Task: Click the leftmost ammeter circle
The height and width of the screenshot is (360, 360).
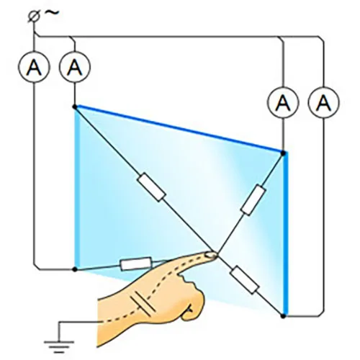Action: [x=34, y=67]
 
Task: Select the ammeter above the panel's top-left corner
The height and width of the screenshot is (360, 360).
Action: [x=75, y=67]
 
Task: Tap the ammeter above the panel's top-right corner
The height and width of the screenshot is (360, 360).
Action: [x=284, y=102]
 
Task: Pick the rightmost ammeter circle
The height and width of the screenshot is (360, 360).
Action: [x=323, y=102]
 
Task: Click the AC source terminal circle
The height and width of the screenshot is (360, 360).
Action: [x=32, y=17]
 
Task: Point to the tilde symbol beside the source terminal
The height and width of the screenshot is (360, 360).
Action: [x=51, y=12]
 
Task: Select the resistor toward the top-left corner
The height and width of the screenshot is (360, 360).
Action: [x=151, y=187]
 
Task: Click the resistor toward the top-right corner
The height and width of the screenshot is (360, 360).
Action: [x=253, y=199]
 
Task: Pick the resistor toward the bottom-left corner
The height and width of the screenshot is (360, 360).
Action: [x=136, y=264]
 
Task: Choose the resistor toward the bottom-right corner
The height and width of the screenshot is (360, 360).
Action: [x=245, y=280]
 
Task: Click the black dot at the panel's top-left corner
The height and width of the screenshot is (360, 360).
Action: [x=75, y=107]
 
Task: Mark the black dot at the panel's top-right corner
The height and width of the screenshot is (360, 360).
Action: [x=283, y=153]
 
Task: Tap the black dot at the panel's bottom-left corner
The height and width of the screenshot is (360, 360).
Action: [x=75, y=269]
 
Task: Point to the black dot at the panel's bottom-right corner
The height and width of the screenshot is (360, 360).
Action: [x=283, y=316]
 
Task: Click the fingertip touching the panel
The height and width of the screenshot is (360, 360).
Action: [x=212, y=255]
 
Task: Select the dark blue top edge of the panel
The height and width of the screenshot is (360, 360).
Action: [x=179, y=129]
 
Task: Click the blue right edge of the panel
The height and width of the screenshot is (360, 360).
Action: [x=284, y=234]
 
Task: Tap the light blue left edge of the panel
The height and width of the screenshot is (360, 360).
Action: [x=76, y=189]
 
